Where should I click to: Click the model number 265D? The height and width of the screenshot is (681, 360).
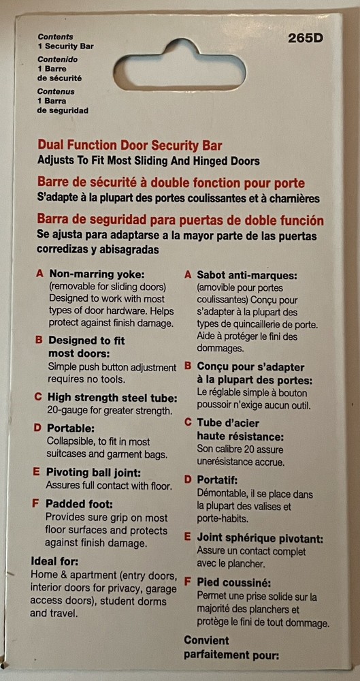point(306,39)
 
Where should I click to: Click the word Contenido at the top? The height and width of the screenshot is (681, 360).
point(57,59)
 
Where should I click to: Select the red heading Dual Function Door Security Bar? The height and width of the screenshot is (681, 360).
point(130,144)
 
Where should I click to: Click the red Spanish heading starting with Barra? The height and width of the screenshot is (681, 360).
point(180,220)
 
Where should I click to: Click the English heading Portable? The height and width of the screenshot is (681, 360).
point(70,428)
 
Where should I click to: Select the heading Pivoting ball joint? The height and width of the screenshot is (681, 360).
point(93,473)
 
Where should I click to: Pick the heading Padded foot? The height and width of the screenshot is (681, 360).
point(78,505)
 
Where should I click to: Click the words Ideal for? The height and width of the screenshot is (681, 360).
point(54,562)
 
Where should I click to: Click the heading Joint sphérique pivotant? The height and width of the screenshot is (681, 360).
point(260,538)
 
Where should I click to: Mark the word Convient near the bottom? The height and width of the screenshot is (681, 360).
point(206,641)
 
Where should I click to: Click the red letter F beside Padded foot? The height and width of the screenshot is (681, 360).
point(35,505)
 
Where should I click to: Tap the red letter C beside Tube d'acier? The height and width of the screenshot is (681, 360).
point(188,423)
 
